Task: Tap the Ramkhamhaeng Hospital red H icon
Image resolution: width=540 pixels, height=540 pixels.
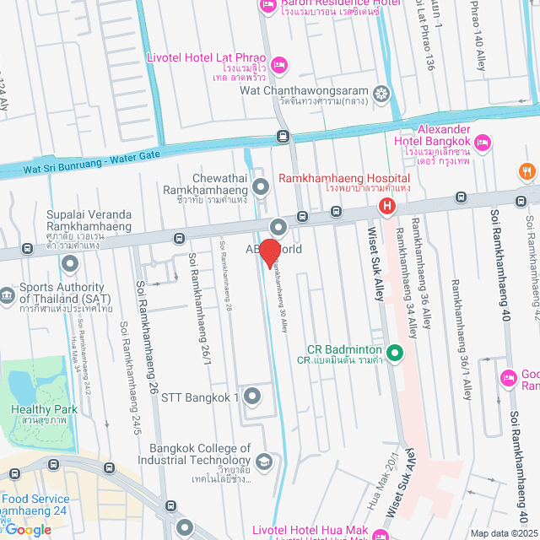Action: [386, 206]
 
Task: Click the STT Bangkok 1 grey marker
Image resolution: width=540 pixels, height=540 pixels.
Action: [252, 396]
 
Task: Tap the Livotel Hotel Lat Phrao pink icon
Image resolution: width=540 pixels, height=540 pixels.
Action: [279, 65]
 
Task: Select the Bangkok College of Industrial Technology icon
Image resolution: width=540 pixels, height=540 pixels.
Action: [264, 462]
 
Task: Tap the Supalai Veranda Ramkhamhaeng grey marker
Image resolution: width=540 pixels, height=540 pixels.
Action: [70, 264]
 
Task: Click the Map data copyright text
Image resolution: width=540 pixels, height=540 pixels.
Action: [504, 532]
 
